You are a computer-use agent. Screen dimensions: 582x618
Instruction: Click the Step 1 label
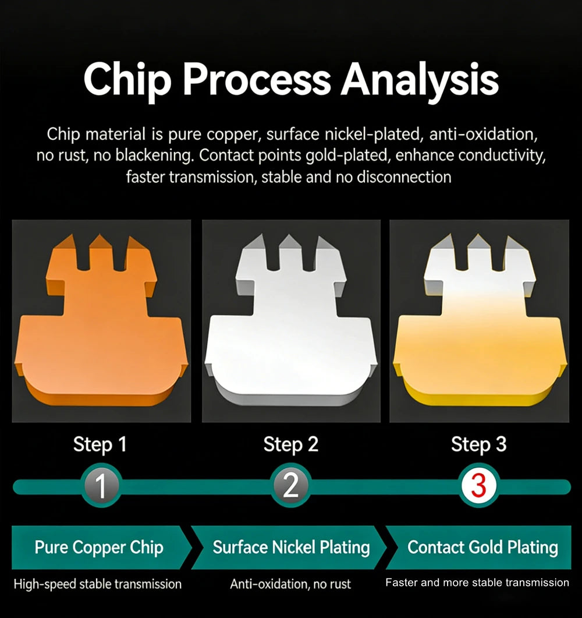(x=100, y=445)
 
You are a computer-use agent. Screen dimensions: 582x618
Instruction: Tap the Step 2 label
(x=290, y=445)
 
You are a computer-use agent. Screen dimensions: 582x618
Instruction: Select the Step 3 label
(x=478, y=445)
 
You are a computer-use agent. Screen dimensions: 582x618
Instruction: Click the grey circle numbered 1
(x=101, y=486)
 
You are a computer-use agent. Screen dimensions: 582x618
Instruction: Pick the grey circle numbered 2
(x=290, y=486)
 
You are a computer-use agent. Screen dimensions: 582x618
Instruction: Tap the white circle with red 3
(x=479, y=486)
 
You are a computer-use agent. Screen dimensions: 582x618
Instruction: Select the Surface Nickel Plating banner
(x=289, y=548)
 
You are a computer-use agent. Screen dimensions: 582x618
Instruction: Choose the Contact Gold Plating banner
(x=478, y=548)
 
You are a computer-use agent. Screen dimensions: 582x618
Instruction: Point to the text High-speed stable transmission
(x=98, y=584)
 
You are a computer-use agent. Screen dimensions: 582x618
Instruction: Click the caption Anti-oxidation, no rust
(x=290, y=584)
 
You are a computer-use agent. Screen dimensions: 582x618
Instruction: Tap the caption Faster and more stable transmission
(x=477, y=582)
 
